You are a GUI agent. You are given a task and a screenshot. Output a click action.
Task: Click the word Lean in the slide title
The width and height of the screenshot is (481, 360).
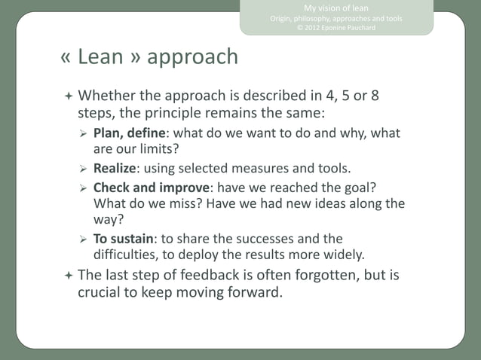point(100,57)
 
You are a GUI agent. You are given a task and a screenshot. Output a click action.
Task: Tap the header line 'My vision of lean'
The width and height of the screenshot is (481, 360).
point(336,8)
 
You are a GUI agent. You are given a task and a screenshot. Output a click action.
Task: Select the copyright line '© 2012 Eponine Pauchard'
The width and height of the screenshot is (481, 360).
point(336,28)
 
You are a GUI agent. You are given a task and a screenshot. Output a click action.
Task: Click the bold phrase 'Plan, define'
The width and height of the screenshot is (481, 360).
point(130,134)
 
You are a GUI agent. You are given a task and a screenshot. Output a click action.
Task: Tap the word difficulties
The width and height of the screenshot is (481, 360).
point(126,254)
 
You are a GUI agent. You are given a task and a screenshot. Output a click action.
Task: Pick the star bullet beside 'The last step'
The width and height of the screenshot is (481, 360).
point(68,276)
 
